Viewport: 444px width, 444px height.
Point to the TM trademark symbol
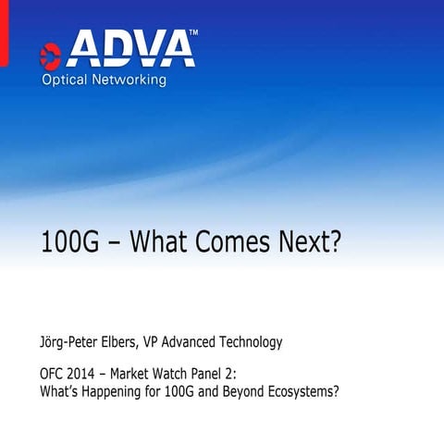coord(192,33)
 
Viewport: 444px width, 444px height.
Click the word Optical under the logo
coord(65,80)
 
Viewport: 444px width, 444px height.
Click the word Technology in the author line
coord(249,343)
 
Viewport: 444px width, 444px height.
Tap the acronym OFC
coord(53,375)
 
